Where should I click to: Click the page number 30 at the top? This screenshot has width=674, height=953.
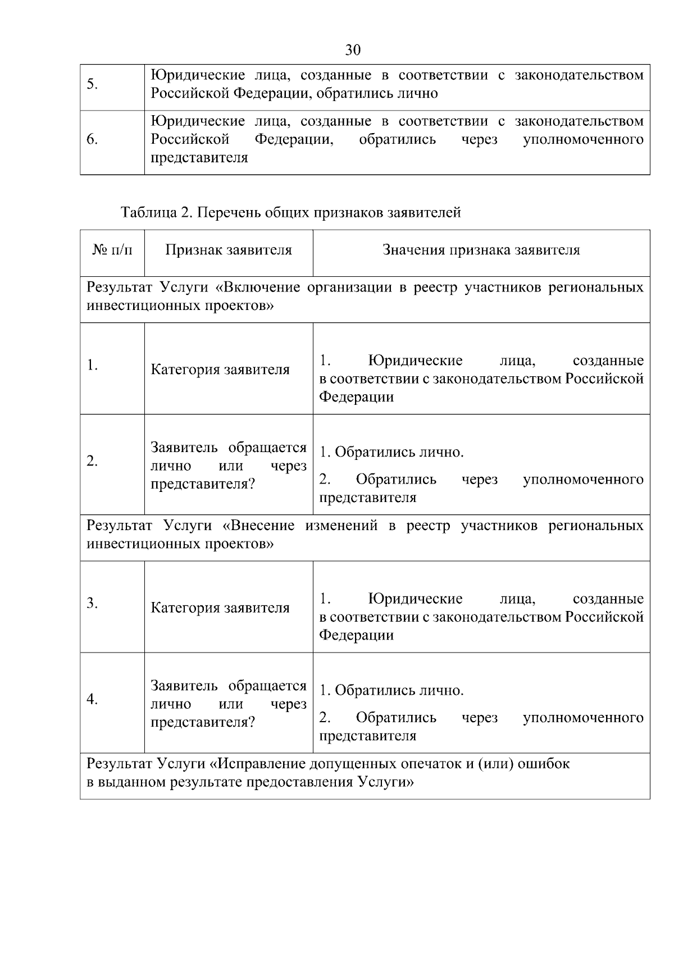[352, 50]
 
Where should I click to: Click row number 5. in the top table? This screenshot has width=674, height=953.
[93, 84]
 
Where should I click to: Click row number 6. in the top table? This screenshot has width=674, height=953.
[93, 139]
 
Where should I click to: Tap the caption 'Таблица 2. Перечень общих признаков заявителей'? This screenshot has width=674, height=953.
[290, 213]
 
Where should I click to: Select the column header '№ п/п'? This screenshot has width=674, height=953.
[112, 250]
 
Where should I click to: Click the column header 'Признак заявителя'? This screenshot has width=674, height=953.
[229, 250]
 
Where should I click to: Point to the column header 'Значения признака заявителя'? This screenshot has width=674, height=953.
[481, 250]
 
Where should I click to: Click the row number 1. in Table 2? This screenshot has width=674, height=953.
[93, 366]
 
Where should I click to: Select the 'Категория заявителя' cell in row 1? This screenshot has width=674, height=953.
[220, 370]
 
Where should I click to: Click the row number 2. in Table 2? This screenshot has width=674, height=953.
[93, 462]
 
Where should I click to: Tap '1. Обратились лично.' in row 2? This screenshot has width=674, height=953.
[391, 452]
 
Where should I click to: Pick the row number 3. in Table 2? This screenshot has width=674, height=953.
[93, 604]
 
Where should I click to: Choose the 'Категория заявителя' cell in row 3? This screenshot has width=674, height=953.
[220, 608]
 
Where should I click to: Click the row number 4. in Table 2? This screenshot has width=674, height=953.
[93, 699]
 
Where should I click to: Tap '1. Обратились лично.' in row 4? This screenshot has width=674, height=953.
[391, 690]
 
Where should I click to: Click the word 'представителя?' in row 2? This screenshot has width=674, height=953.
[203, 484]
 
